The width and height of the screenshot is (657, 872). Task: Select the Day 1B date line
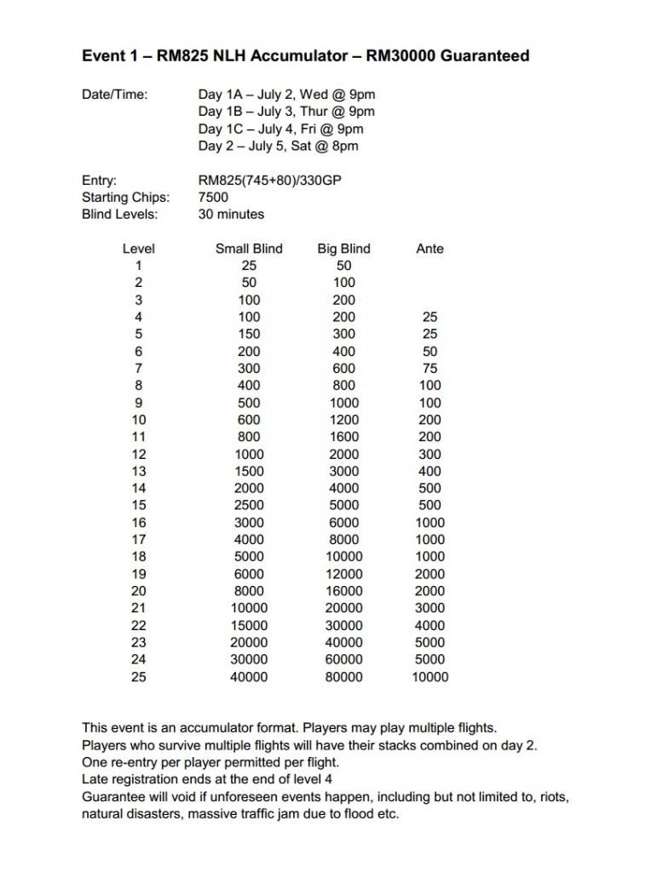click(286, 112)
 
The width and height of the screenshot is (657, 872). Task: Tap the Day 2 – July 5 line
click(278, 146)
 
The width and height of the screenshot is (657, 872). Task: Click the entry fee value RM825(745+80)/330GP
click(271, 181)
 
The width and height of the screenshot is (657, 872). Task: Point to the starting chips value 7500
click(213, 198)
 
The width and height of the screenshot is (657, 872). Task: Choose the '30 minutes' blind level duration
click(231, 215)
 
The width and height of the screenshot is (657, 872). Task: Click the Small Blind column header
click(249, 249)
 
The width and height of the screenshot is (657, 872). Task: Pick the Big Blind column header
click(343, 249)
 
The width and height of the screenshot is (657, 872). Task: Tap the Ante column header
click(429, 249)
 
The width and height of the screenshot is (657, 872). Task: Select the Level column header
click(138, 249)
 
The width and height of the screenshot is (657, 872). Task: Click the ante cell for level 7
click(429, 369)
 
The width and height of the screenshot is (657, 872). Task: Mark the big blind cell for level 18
click(343, 557)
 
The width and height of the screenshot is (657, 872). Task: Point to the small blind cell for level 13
click(249, 471)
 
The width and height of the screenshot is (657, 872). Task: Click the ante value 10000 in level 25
click(429, 677)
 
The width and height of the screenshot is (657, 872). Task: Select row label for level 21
click(138, 608)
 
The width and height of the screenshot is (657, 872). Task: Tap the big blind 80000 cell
click(343, 677)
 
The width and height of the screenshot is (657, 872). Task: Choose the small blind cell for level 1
click(249, 266)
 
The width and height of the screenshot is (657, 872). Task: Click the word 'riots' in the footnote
click(551, 797)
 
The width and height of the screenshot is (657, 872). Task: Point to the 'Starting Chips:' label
click(125, 198)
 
